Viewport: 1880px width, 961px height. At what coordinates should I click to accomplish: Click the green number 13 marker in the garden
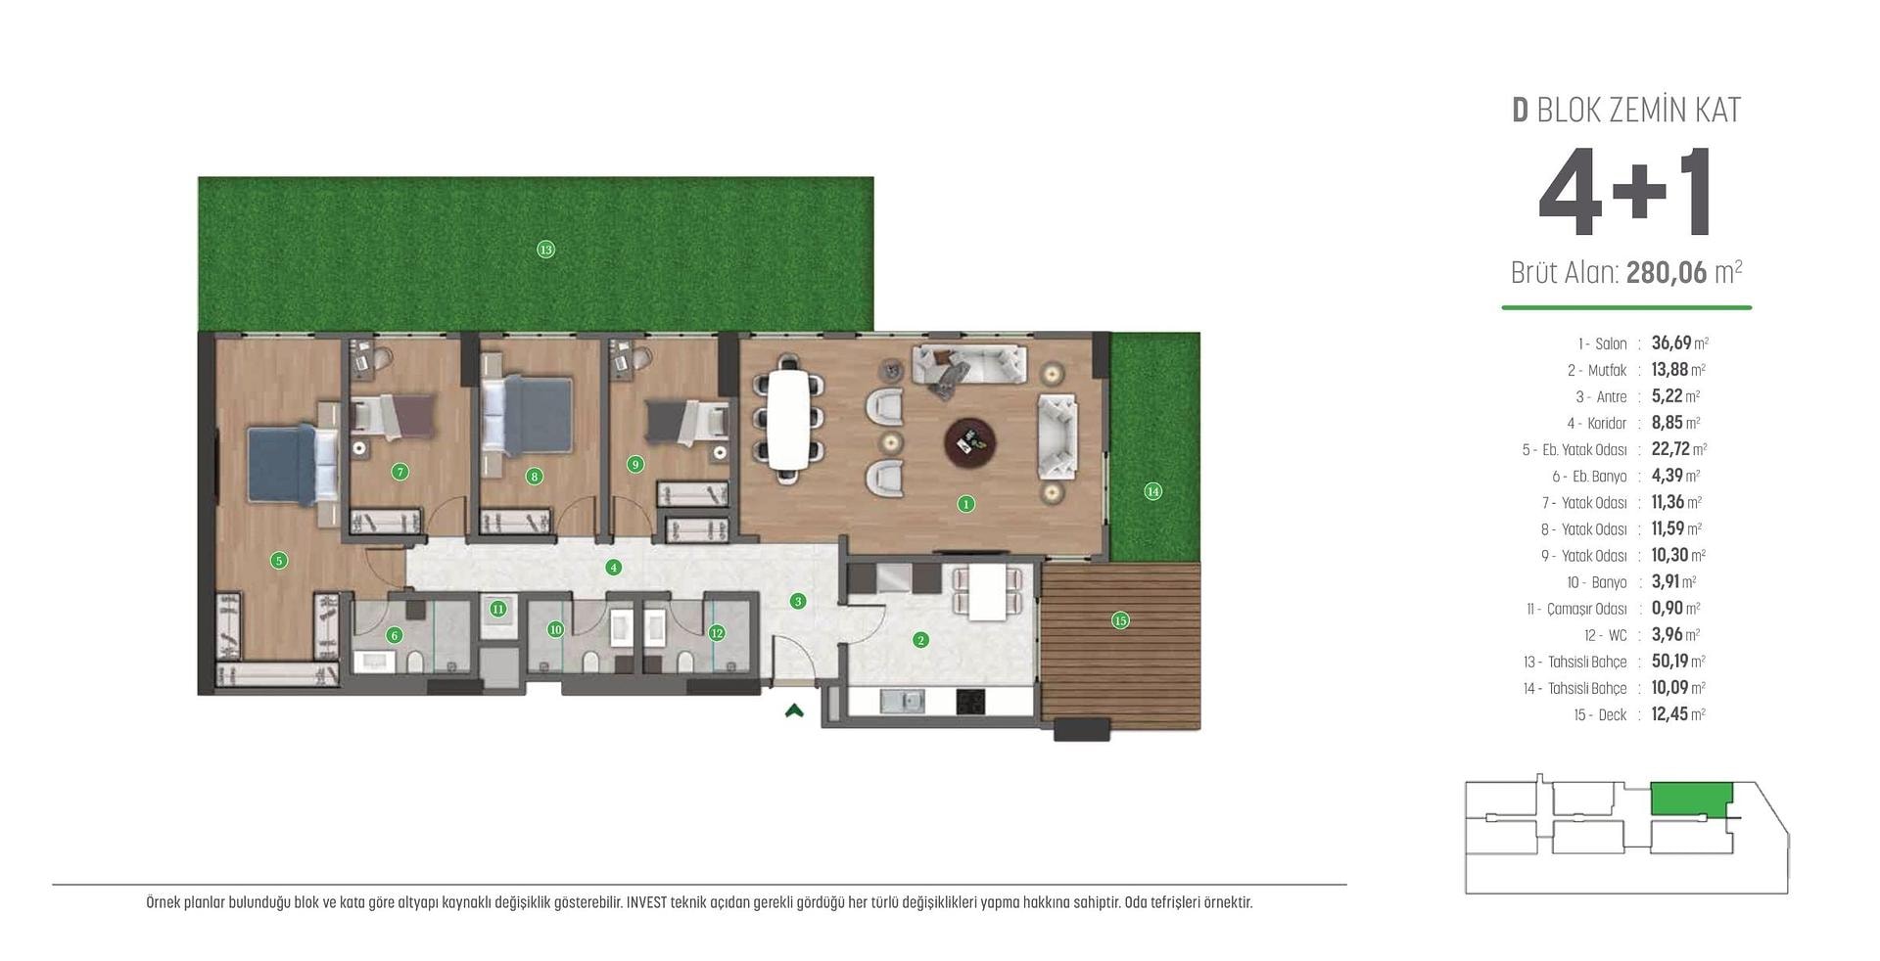coord(545,250)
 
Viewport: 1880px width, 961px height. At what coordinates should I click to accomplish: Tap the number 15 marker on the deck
coord(1120,619)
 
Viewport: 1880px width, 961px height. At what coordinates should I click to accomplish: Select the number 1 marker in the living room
coord(965,504)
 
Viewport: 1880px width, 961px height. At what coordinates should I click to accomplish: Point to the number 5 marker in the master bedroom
coord(279,561)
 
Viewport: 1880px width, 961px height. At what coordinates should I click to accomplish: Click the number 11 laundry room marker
coord(498,609)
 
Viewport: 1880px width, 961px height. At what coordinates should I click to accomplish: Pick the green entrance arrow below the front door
coord(794,710)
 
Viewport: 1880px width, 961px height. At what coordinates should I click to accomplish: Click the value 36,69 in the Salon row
coord(1671,343)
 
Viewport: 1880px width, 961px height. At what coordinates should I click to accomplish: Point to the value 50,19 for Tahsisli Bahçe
coord(1669,662)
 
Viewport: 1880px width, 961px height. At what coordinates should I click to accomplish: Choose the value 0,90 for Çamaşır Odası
coord(1668,609)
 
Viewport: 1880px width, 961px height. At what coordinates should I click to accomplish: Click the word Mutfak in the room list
coord(1607,371)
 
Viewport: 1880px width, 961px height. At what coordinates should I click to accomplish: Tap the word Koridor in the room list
coord(1607,424)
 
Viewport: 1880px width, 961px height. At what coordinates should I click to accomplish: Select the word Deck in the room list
coord(1613,715)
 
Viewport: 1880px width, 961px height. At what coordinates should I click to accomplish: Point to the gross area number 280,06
coord(1667,272)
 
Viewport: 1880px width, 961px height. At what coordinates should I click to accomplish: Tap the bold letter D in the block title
coord(1520,111)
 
